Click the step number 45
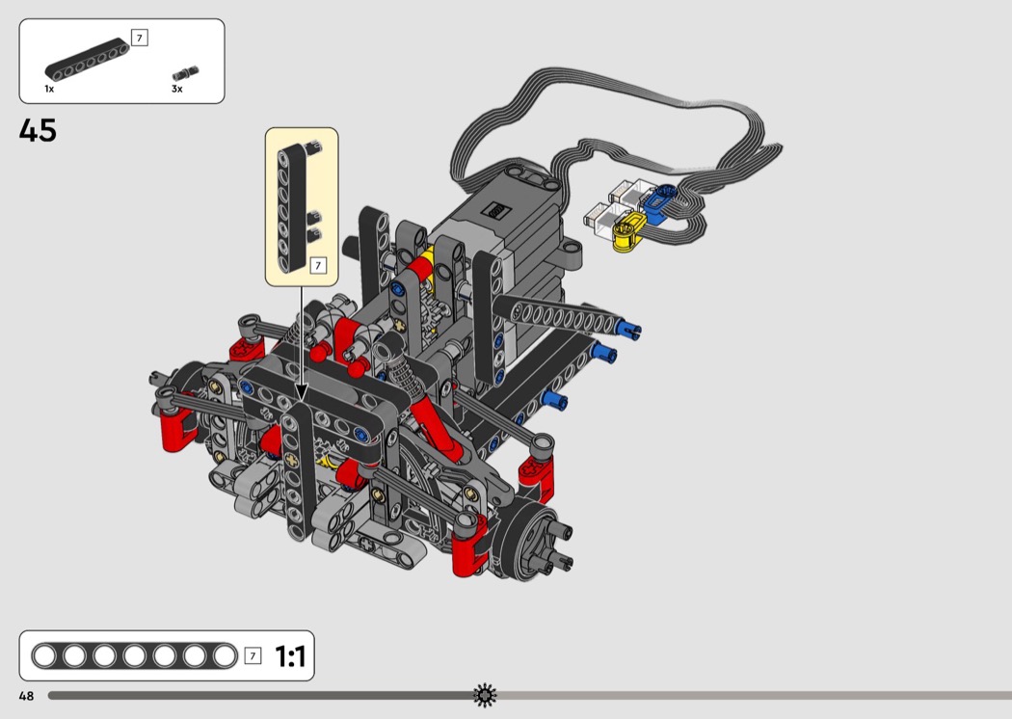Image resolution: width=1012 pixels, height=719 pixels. [38, 130]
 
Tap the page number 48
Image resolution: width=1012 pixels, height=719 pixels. [26, 696]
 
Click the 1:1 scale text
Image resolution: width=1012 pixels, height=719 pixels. [290, 656]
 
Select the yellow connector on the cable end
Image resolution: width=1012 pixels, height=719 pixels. [628, 231]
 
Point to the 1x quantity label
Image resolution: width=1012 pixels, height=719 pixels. [49, 89]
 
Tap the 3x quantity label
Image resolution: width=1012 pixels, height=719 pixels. [176, 89]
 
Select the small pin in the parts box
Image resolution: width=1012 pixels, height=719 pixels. [186, 73]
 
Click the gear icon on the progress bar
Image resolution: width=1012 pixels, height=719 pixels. [485, 695]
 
